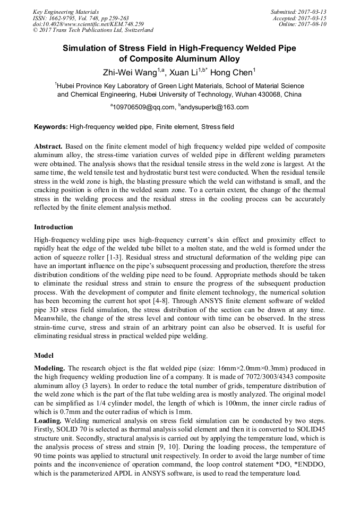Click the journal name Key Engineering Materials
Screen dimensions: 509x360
[65, 11]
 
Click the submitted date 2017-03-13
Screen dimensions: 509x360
[312, 11]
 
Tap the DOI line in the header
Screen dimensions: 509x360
[88, 24]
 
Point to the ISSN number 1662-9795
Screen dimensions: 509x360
[66, 18]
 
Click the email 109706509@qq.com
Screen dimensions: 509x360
[143, 107]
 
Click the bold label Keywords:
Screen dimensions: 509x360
[51, 127]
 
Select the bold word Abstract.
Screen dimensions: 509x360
[48, 146]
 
